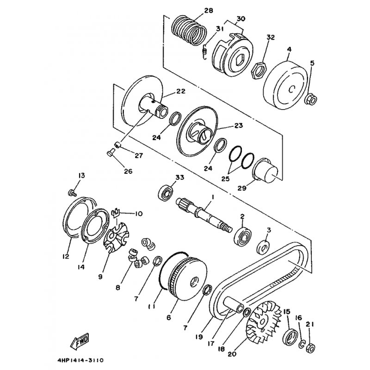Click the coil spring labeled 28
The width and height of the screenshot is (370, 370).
189,30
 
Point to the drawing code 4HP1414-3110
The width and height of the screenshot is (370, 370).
80,361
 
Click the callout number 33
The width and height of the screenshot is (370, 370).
180,177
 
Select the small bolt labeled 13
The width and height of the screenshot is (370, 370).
72,193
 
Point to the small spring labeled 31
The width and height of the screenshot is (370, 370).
205,52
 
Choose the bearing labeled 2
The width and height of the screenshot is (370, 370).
242,236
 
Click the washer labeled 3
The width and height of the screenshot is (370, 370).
263,247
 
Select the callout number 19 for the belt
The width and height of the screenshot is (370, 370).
199,337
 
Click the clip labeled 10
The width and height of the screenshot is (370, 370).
115,213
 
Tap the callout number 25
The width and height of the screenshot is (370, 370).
225,179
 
